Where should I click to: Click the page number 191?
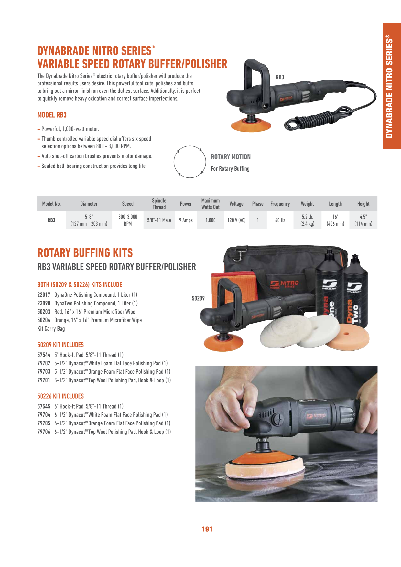(x=207, y=529)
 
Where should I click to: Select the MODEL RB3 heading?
(x=52, y=115)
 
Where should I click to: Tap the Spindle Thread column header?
(x=159, y=204)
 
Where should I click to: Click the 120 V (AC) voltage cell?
(x=236, y=220)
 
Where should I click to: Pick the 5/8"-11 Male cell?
(x=159, y=220)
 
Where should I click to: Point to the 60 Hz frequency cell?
(x=280, y=220)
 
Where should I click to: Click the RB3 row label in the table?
(x=51, y=220)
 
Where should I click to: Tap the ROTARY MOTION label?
(x=231, y=157)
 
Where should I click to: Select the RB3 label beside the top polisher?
(x=280, y=77)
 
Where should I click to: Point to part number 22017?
(x=44, y=295)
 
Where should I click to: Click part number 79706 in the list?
(x=44, y=432)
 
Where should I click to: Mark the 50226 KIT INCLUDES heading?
(x=60, y=396)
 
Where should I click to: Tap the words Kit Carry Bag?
(x=51, y=329)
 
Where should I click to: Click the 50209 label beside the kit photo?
(x=198, y=298)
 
